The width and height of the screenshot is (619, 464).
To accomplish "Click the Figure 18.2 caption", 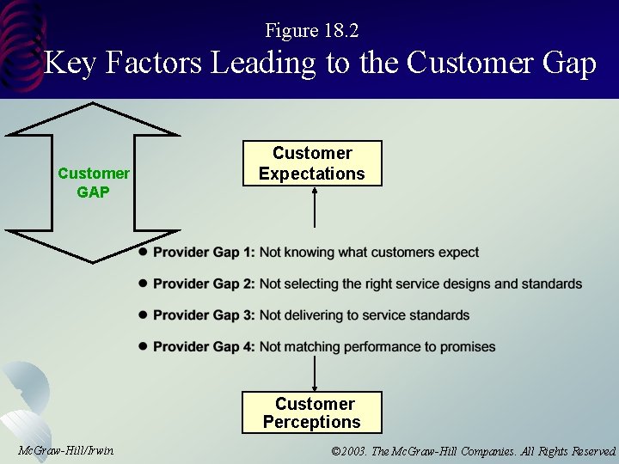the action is pos(312,31).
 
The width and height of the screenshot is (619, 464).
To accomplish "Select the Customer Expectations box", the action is pos(312,163).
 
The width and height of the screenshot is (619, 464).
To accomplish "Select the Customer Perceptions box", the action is pos(312,412).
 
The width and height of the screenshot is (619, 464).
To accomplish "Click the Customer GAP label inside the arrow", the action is pos(93,183).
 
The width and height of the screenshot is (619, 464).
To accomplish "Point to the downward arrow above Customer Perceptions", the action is pos(315,375).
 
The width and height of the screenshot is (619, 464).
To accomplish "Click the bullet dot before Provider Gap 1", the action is pos(144,253).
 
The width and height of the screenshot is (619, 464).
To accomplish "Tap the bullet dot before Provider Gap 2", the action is pos(144,284).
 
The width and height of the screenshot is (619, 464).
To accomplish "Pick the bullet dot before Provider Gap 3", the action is pos(144,315).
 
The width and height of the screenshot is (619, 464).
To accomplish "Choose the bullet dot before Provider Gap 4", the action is pos(144,346).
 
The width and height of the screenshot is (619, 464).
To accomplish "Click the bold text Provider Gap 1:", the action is pos(204,253).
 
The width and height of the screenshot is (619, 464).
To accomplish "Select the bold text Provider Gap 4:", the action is pos(204,347).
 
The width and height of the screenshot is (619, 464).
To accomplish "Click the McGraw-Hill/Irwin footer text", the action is pos(65,451).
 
